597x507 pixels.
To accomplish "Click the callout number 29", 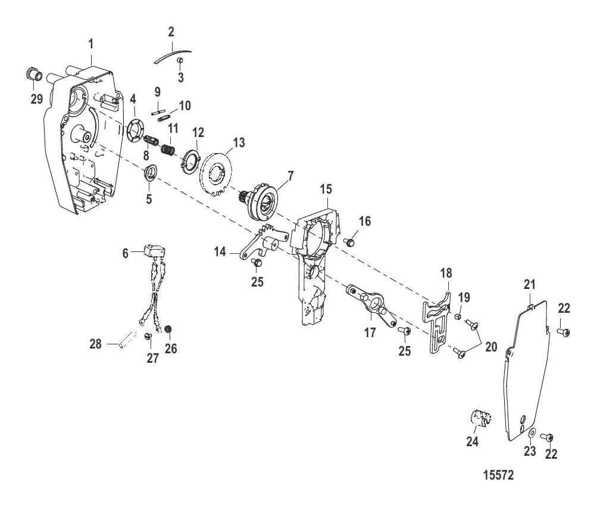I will coord(37,98).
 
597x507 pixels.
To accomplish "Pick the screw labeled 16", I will coord(350,242).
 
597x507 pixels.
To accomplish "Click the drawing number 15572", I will coord(498,477).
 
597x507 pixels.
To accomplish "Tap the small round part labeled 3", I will coord(180,61).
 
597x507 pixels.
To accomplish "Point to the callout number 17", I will coord(370,332).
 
